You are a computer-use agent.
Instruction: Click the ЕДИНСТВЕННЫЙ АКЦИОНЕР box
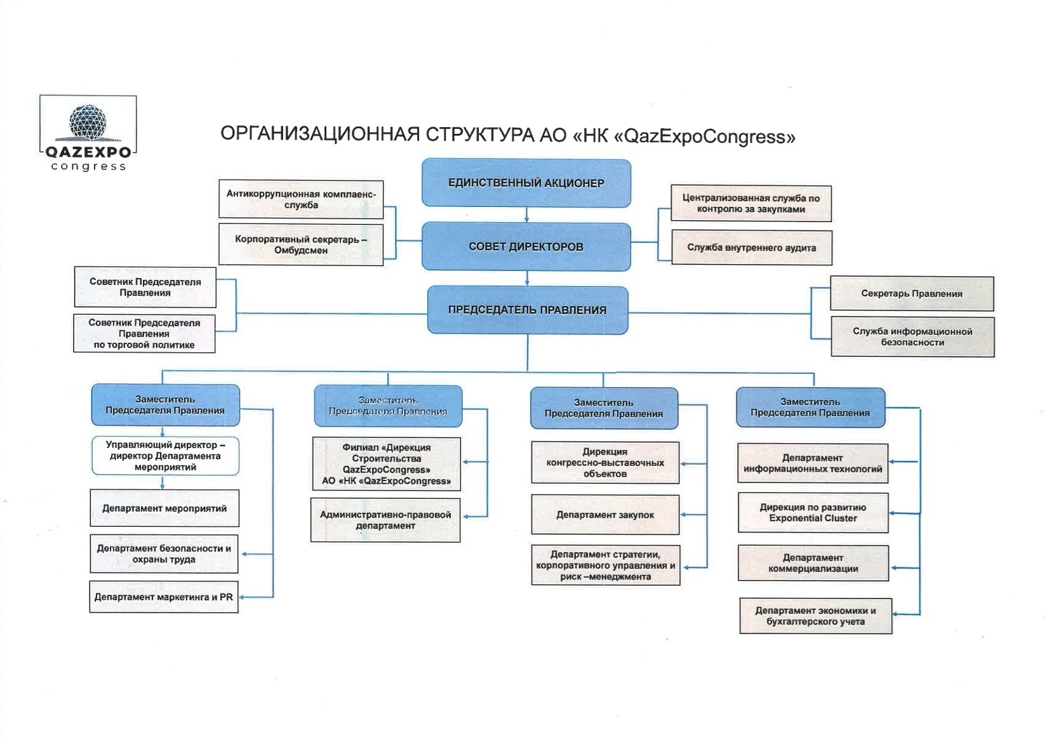click(x=526, y=183)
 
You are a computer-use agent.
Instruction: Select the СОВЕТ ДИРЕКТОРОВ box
click(x=526, y=246)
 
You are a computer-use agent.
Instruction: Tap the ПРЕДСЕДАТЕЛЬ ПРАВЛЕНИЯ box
click(x=527, y=310)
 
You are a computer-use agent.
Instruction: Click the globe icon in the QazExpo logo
click(x=88, y=122)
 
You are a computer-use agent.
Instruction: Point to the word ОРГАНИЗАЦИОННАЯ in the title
click(x=320, y=135)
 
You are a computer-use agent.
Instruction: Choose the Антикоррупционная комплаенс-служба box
click(x=301, y=199)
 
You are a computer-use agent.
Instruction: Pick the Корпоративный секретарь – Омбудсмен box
click(x=301, y=244)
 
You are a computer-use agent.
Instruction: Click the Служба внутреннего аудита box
click(x=751, y=248)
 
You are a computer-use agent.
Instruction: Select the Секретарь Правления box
click(x=912, y=293)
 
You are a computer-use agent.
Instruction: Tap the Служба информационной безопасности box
click(x=912, y=336)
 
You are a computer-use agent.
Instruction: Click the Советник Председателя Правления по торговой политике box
click(x=144, y=333)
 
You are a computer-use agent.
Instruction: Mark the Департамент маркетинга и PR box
click(x=164, y=597)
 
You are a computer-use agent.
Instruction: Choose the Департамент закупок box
click(x=605, y=515)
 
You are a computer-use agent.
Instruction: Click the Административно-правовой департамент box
click(x=385, y=520)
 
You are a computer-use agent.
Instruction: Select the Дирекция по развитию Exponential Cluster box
click(x=813, y=513)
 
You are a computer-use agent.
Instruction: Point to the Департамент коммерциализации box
click(x=813, y=563)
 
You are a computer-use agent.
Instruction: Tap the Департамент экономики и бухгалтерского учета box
click(x=815, y=616)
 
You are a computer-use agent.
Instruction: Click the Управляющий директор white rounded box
click(x=165, y=456)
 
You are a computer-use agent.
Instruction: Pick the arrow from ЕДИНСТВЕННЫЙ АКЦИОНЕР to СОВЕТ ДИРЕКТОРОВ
click(x=526, y=215)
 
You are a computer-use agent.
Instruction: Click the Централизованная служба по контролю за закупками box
click(x=751, y=203)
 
